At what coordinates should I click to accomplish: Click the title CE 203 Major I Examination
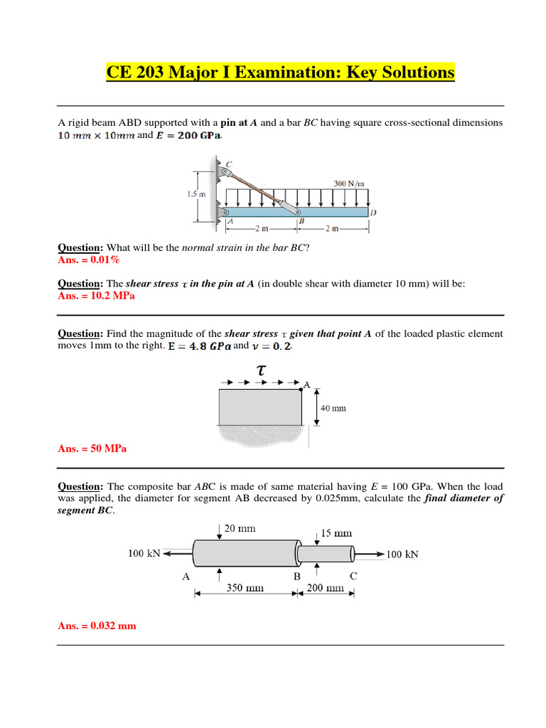[280, 73]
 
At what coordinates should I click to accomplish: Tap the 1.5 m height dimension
[187, 193]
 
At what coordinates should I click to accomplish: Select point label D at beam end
[373, 212]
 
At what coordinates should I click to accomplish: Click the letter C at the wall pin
[229, 164]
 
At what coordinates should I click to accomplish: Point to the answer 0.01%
[87, 260]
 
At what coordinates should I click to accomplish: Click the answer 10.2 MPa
[96, 296]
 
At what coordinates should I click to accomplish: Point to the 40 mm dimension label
[333, 408]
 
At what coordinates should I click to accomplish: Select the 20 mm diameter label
[240, 528]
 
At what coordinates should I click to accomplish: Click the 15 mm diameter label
[336, 532]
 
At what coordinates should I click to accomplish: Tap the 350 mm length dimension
[245, 588]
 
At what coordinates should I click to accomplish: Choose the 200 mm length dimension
[324, 588]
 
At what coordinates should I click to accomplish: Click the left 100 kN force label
[144, 553]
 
